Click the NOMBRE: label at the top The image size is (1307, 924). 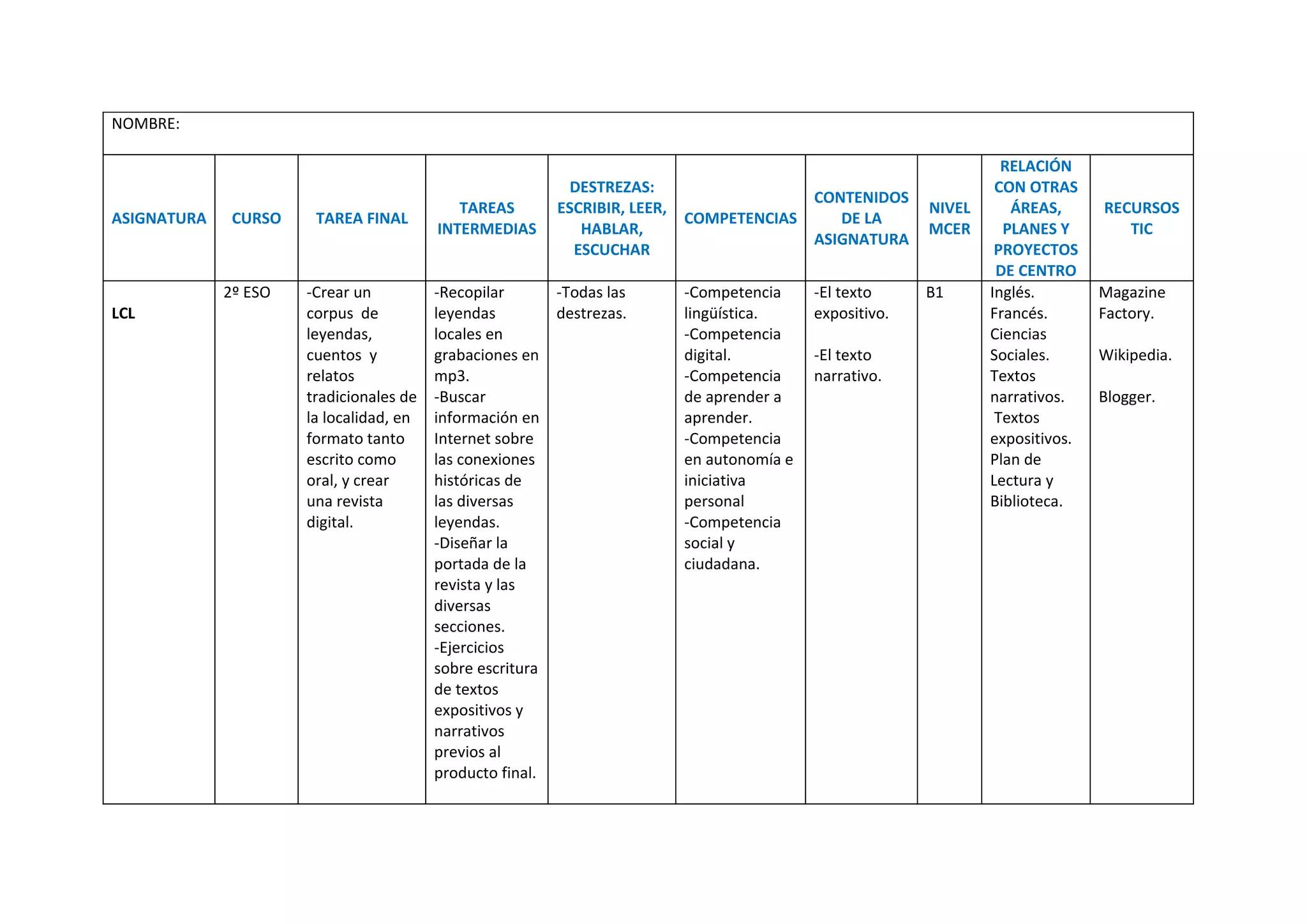tap(146, 124)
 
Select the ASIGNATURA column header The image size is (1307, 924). tap(159, 218)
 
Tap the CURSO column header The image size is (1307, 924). tap(256, 218)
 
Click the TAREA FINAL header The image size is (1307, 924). tap(361, 218)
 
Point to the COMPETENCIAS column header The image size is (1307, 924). tap(740, 218)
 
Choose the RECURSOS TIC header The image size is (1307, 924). tap(1141, 218)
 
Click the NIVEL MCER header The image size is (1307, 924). tap(949, 218)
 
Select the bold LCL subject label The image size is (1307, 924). tap(123, 314)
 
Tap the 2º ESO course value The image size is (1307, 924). tap(247, 292)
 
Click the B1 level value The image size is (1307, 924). tap(934, 292)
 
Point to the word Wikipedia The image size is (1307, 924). tap(1134, 355)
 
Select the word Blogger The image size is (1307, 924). tap(1126, 397)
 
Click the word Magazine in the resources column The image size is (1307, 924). tap(1131, 292)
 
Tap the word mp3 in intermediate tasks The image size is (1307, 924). tap(450, 376)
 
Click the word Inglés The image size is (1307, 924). tap(1012, 292)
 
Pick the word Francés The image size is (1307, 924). tap(1018, 314)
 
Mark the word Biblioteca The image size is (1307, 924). tap(1026, 501)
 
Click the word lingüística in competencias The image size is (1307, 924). tap(720, 314)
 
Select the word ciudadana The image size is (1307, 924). tap(721, 564)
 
